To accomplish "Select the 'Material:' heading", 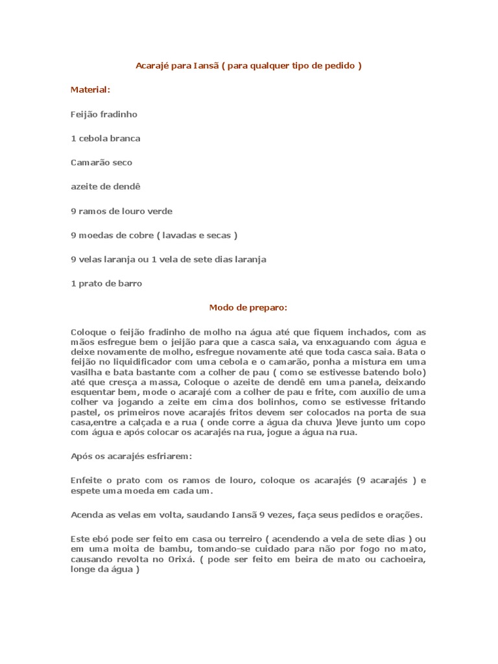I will tap(90, 89).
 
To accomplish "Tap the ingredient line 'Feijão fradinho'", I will tap(104, 114).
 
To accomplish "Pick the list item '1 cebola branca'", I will tap(105, 138).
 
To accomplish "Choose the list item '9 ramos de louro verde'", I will tap(121, 211).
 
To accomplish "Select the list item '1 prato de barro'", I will tap(106, 283).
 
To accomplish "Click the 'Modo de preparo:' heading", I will tap(248, 307).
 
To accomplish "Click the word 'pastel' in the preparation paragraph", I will tap(83, 413).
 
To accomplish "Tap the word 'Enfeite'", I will tap(86, 480).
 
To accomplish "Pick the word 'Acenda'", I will tap(85, 515).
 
